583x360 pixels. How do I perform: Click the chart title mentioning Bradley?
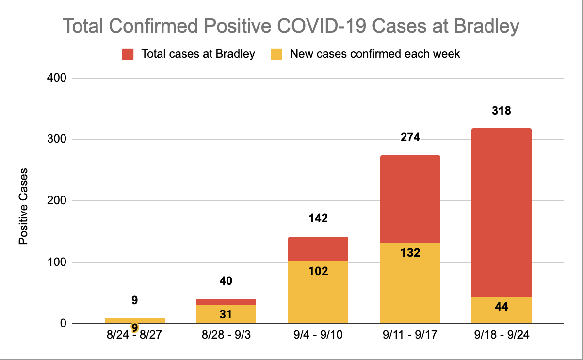tap(291, 27)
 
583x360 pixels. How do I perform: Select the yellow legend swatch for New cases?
tap(276, 54)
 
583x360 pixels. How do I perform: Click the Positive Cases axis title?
tap(23, 206)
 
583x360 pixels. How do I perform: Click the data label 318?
tap(501, 111)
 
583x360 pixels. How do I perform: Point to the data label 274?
tap(410, 138)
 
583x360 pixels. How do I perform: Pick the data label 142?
tap(318, 218)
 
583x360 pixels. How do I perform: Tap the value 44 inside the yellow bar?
tap(501, 307)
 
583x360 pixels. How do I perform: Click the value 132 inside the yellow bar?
tap(410, 253)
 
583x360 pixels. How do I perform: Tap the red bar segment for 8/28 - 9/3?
tap(226, 302)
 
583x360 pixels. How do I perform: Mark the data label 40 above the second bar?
tap(226, 281)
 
